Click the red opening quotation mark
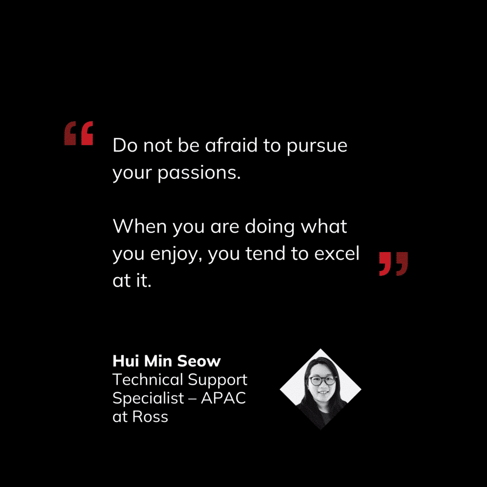pyautogui.click(x=79, y=133)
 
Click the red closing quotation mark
pyautogui.click(x=393, y=263)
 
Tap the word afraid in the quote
pyautogui.click(x=231, y=145)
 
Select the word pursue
pyautogui.click(x=317, y=147)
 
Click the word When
pyautogui.click(x=140, y=226)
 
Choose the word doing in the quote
pyautogui.click(x=270, y=228)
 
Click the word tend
pyautogui.click(x=265, y=253)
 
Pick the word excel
pyautogui.click(x=337, y=253)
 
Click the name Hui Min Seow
pyautogui.click(x=166, y=361)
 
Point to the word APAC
pyautogui.click(x=224, y=398)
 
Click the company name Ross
pyautogui.click(x=150, y=417)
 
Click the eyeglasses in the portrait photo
pyautogui.click(x=323, y=380)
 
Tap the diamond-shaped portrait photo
pyautogui.click(x=321, y=389)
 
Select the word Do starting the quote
pyautogui.click(x=125, y=145)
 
